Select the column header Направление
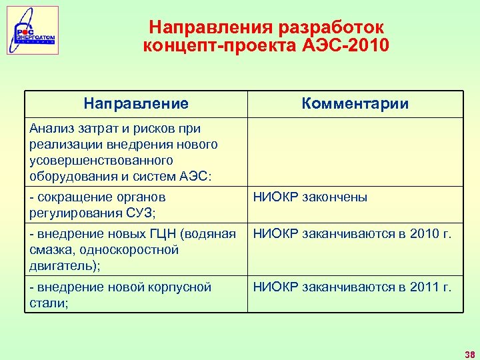136,104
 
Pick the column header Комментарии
355,104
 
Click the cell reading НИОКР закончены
309,197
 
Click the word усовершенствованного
101,161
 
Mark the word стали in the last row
45,303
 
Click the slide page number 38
469,353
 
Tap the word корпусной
181,287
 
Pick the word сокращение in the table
71,197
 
